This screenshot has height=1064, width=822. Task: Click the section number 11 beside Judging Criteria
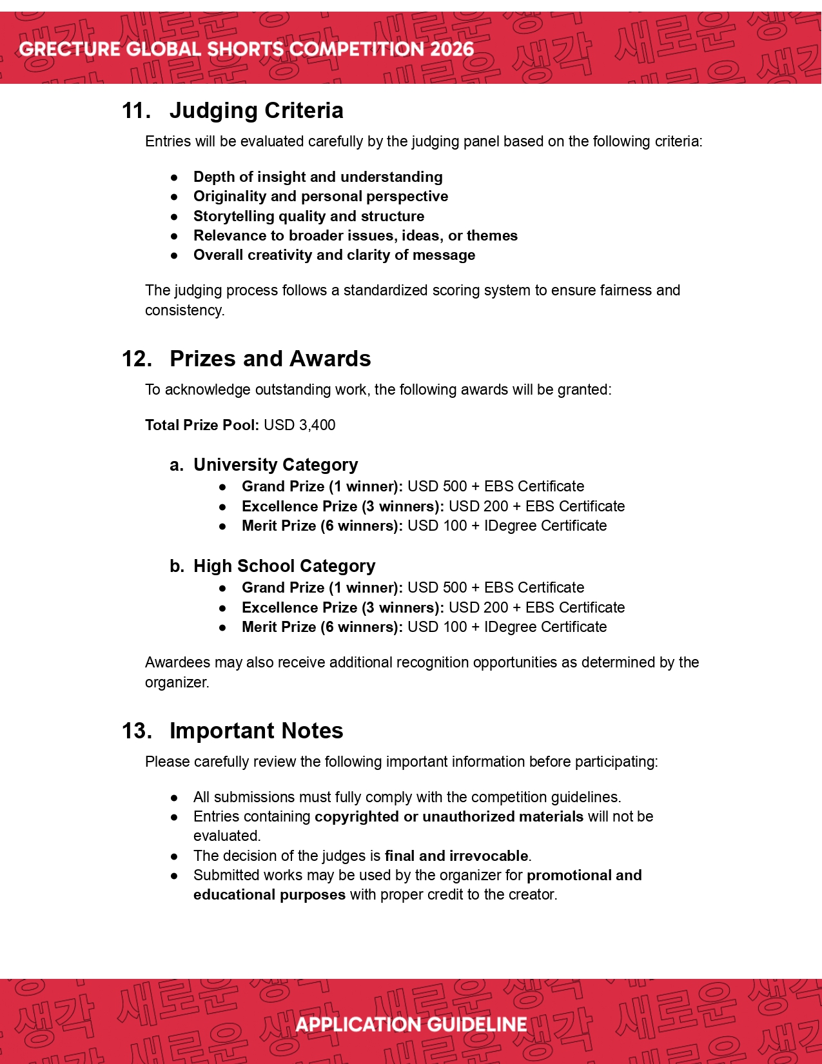click(136, 110)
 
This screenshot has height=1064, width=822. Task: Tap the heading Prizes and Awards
click(270, 359)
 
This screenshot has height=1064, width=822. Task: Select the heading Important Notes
click(256, 731)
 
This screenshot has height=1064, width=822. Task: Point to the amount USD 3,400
click(300, 425)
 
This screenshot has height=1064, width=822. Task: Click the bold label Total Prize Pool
click(202, 425)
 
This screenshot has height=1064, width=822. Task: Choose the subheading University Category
click(275, 464)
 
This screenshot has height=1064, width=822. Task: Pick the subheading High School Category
click(284, 566)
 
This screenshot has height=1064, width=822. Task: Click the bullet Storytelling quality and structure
click(309, 216)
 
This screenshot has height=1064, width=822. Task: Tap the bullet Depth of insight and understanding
click(318, 177)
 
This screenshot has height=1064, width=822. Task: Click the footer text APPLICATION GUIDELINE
click(411, 1025)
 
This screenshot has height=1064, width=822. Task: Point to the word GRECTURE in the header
click(70, 49)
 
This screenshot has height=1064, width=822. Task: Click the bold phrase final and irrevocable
click(456, 856)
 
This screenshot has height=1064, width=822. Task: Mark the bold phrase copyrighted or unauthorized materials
click(449, 816)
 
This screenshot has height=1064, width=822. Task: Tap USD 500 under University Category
click(437, 486)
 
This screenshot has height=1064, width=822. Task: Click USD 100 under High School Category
click(437, 627)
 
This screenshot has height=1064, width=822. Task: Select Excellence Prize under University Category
click(300, 506)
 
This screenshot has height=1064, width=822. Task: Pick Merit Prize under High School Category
click(279, 627)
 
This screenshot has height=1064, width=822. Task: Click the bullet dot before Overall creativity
click(174, 255)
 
